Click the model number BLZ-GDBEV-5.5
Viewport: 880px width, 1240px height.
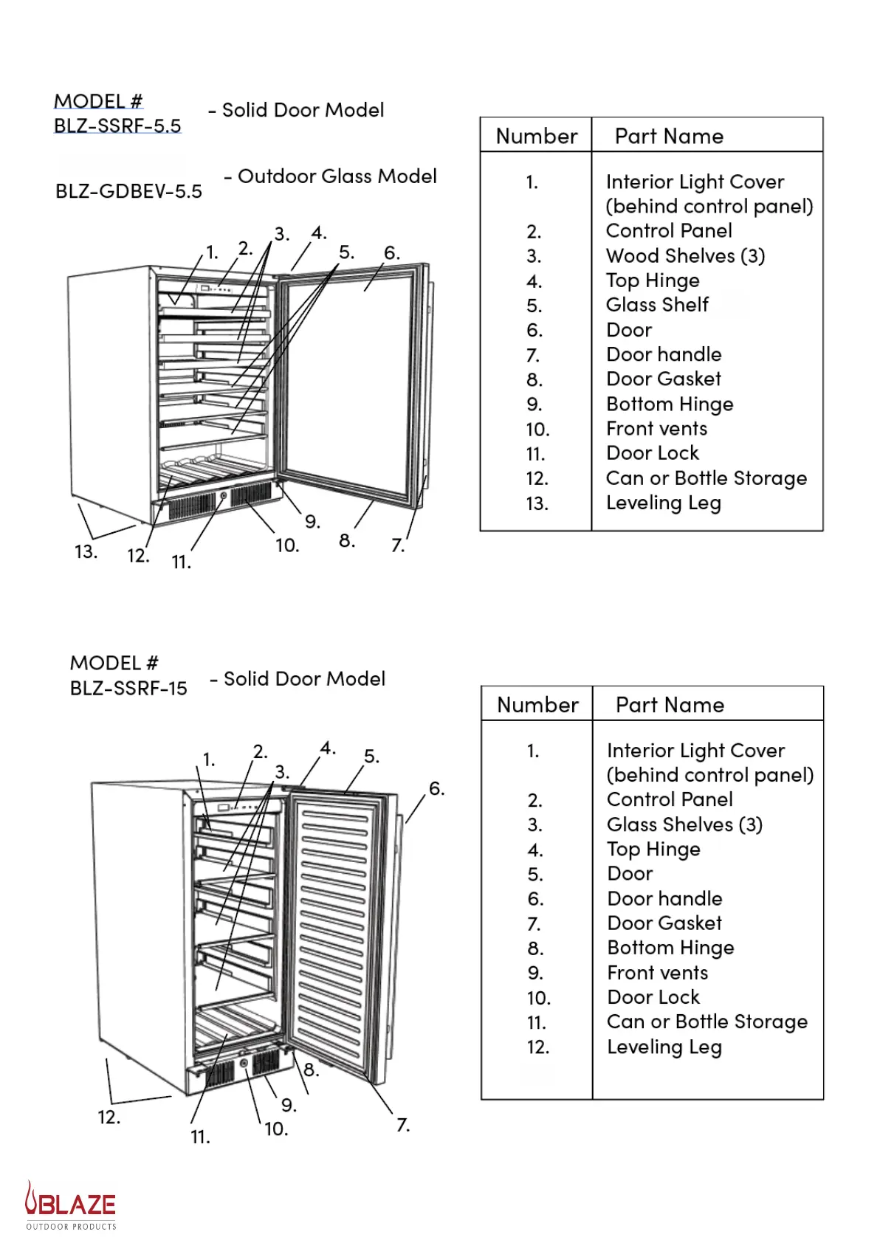pyautogui.click(x=128, y=192)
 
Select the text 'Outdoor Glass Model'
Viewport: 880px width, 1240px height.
pyautogui.click(x=337, y=176)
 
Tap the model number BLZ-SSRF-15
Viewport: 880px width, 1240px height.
pyautogui.click(x=128, y=688)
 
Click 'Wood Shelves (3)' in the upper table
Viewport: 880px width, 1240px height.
pyautogui.click(x=685, y=256)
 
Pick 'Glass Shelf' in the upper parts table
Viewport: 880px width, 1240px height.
pyautogui.click(x=657, y=305)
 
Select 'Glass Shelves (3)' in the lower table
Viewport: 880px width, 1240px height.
pyautogui.click(x=684, y=824)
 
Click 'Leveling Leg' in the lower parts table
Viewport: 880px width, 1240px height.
pyautogui.click(x=664, y=1047)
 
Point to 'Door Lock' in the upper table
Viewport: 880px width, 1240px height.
pyautogui.click(x=652, y=453)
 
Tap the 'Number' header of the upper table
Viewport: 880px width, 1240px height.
pyautogui.click(x=537, y=137)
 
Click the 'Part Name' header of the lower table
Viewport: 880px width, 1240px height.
pyautogui.click(x=670, y=705)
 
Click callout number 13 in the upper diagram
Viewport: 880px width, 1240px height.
pyautogui.click(x=86, y=551)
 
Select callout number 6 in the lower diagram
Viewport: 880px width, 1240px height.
pyautogui.click(x=436, y=789)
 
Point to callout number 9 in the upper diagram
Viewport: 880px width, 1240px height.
pyautogui.click(x=312, y=522)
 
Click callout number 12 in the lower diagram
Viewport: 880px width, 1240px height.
pyautogui.click(x=109, y=1117)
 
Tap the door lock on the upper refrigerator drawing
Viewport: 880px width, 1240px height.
pyautogui.click(x=224, y=496)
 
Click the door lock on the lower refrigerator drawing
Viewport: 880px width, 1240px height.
pyautogui.click(x=244, y=1064)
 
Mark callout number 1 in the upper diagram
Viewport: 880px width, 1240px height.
pyautogui.click(x=212, y=252)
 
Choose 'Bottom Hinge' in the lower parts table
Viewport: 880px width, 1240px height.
pyautogui.click(x=670, y=948)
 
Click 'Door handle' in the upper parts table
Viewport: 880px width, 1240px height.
pyautogui.click(x=664, y=354)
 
